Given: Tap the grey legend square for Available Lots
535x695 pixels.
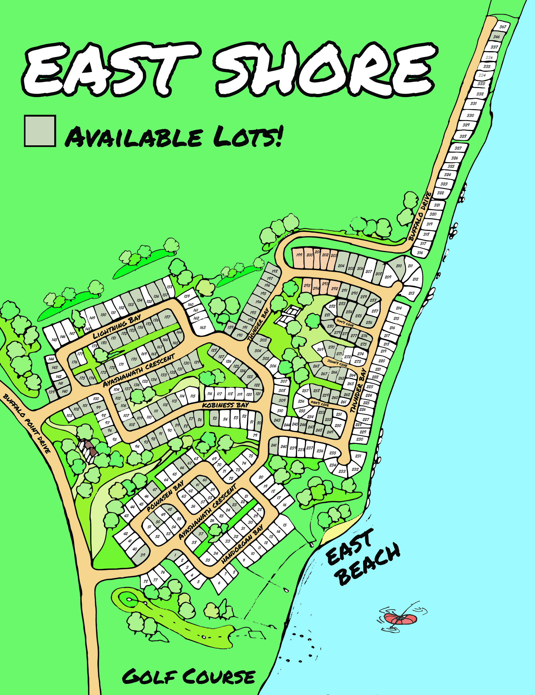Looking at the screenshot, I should tap(40, 131).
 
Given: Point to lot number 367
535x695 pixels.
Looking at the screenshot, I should tap(502, 27).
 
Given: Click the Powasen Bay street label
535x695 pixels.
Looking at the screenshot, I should tap(165, 496).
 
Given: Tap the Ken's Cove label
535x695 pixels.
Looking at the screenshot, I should tap(320, 404).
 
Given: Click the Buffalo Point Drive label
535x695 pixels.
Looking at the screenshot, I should tap(27, 423).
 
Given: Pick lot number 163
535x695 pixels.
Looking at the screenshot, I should tap(203, 327).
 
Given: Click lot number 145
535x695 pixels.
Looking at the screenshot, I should tap(54, 340).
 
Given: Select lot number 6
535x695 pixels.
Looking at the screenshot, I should tap(219, 583).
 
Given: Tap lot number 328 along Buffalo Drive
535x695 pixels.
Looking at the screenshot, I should tap(463, 136).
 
